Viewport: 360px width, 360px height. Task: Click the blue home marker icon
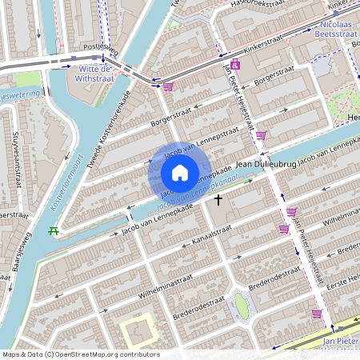[x=180, y=172]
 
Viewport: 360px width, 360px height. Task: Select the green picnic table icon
[x=53, y=231]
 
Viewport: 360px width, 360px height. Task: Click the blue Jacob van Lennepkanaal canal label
[x=186, y=198]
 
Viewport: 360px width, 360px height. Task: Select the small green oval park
[x=240, y=305]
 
